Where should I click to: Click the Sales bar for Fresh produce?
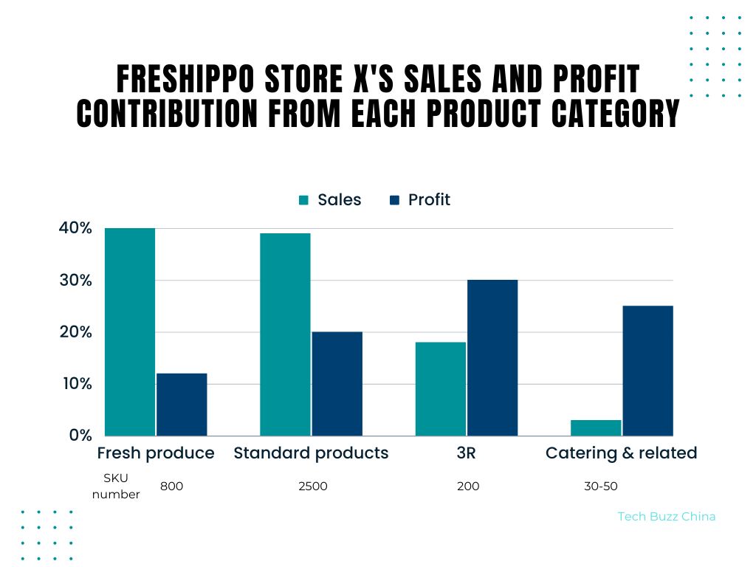point(130,332)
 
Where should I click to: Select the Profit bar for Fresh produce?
point(182,405)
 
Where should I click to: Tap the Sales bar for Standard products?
point(285,334)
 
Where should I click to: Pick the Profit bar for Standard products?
point(337,384)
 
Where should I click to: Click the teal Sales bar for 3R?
point(440,389)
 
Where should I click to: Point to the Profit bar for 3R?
point(492,358)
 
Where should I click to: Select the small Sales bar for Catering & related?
point(596,428)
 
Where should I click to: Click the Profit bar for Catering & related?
point(647,371)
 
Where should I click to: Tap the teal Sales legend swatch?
point(303,200)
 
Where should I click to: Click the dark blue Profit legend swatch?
point(394,200)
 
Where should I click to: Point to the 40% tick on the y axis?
point(75,229)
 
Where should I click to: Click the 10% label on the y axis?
point(75,384)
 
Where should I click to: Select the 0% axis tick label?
point(80,436)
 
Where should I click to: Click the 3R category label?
point(466,453)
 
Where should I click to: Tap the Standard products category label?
point(311,453)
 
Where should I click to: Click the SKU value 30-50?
point(600,487)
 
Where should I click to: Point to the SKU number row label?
point(116,487)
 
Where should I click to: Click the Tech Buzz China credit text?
point(666,517)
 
